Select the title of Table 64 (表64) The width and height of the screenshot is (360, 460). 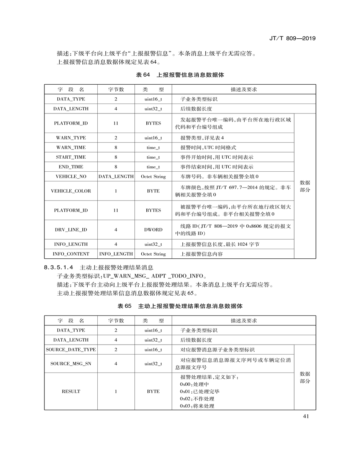(180, 75)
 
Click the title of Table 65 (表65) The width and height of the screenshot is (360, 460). (180, 306)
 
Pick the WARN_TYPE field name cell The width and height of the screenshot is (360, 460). (71, 138)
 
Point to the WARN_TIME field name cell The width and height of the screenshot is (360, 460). (71, 147)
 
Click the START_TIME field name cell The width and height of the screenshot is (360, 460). (71, 157)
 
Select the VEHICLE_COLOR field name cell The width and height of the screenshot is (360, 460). (71, 191)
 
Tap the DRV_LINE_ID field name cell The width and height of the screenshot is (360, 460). (71, 230)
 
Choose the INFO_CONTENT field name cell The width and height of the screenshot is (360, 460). (71, 254)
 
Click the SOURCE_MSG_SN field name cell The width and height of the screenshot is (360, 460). (71, 363)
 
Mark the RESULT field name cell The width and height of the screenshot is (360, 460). (71, 391)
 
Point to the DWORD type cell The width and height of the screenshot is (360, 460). (153, 230)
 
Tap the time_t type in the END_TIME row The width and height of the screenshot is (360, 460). (153, 167)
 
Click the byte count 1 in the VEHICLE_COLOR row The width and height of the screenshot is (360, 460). (116, 191)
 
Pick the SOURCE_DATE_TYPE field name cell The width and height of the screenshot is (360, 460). (71, 350)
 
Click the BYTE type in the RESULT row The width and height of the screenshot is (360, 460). (153, 391)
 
